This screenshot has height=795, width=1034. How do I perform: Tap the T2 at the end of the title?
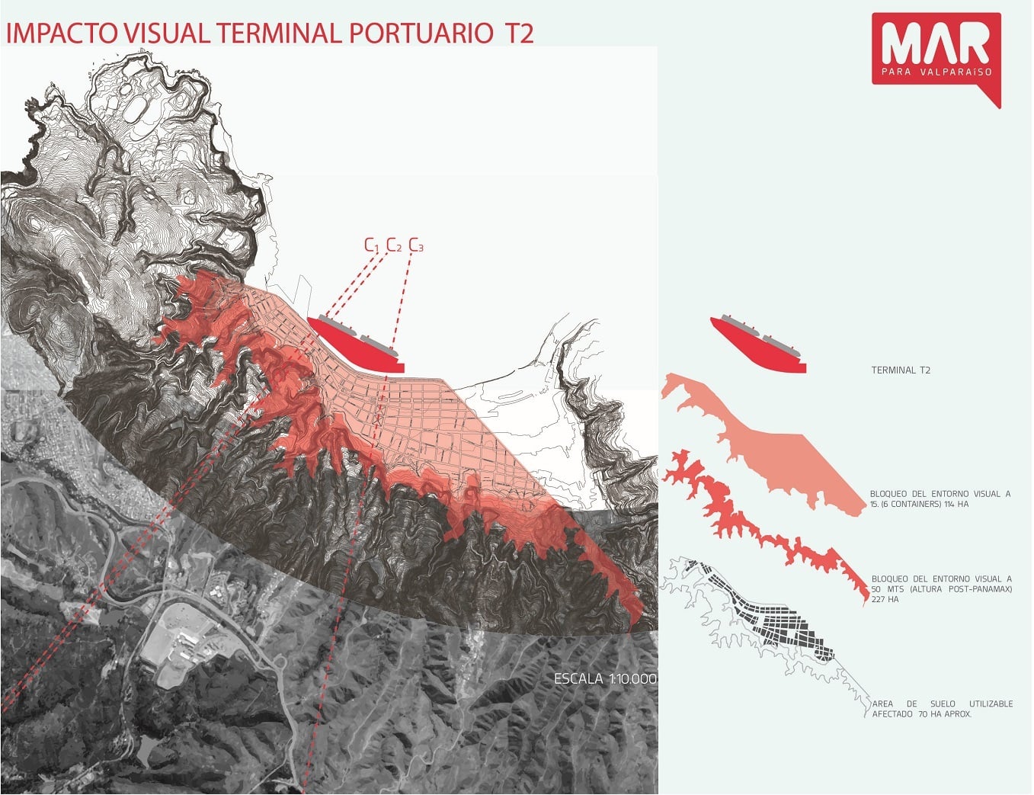[518, 34]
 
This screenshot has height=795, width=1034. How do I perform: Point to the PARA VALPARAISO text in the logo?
[935, 72]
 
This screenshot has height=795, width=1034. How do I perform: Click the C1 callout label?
[371, 245]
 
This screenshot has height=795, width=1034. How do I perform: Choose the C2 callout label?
[393, 245]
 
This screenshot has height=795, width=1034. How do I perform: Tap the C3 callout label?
[416, 245]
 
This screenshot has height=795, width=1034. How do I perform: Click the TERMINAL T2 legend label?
[901, 370]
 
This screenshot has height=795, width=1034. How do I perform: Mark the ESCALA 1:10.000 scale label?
[604, 678]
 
